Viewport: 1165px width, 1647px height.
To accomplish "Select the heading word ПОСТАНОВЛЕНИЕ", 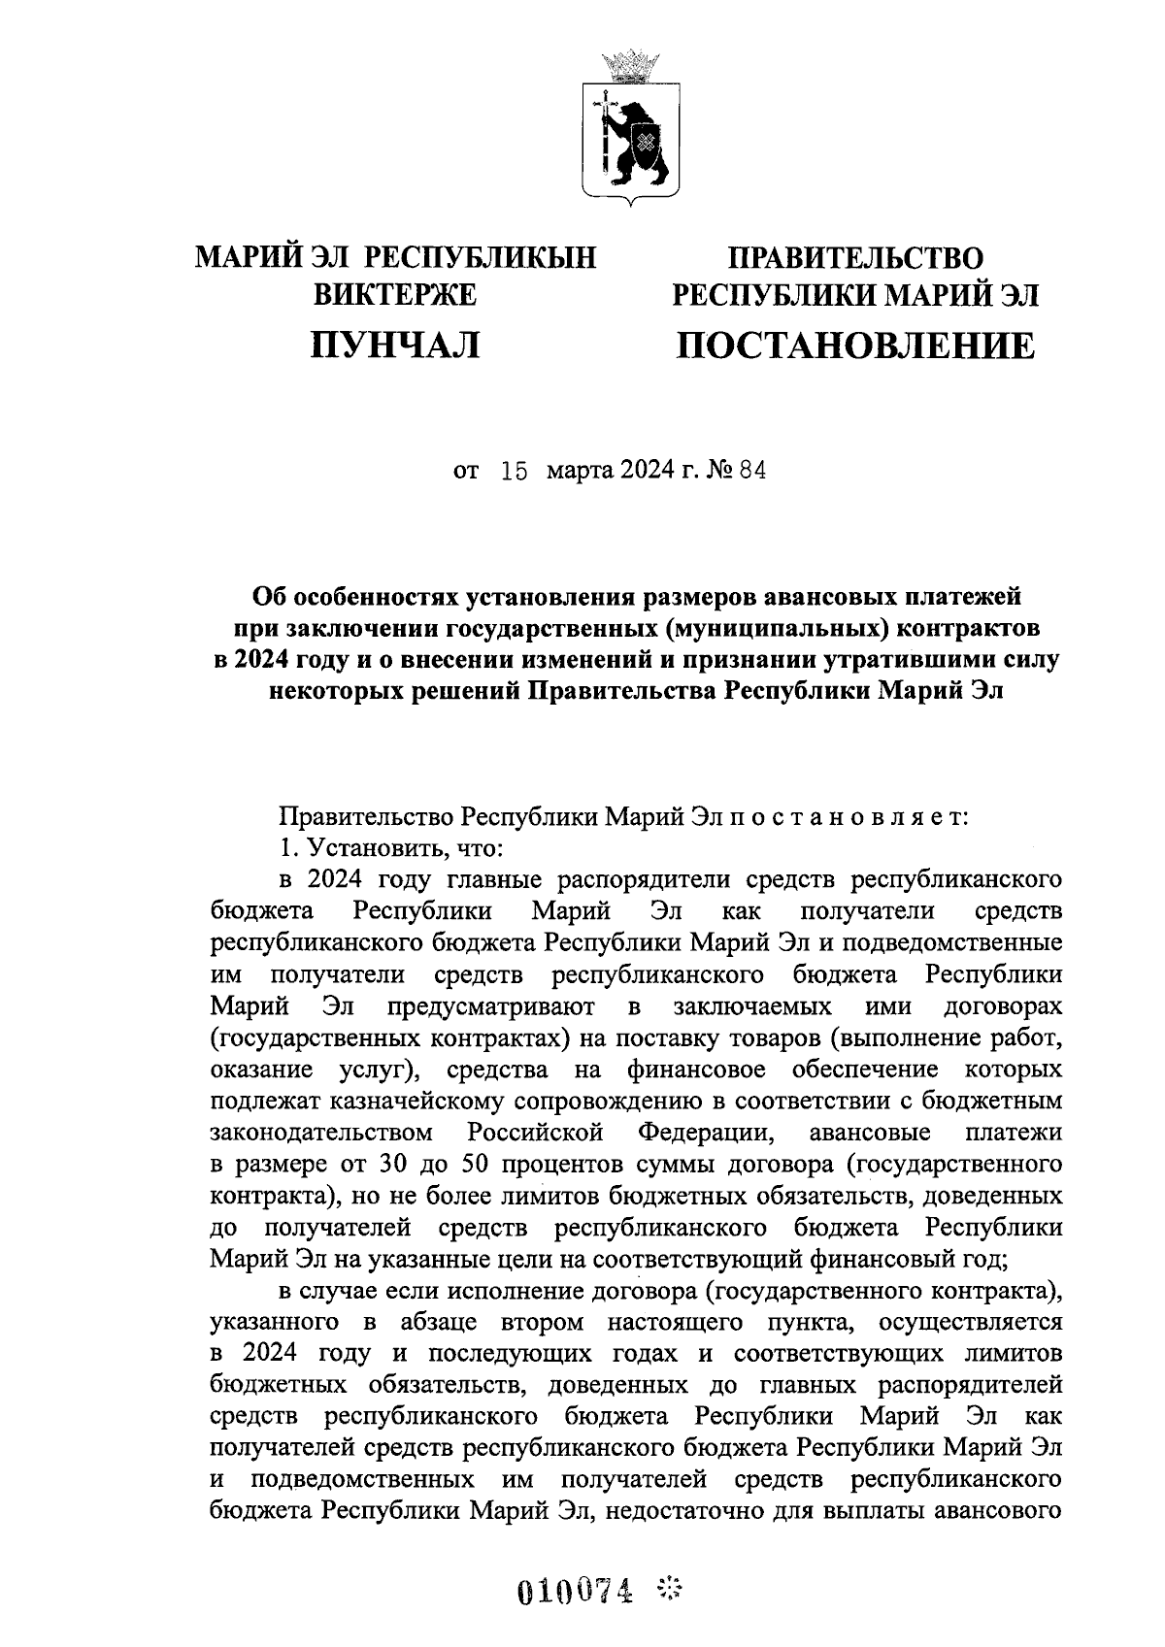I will [x=856, y=346].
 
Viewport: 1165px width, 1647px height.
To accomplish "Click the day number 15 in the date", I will [x=514, y=473].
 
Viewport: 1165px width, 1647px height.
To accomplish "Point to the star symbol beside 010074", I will [x=670, y=1590].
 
